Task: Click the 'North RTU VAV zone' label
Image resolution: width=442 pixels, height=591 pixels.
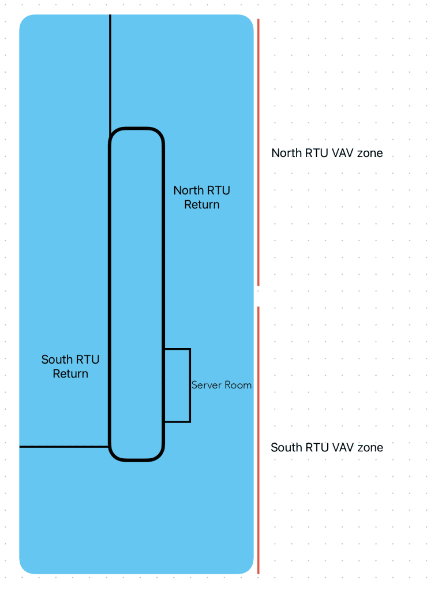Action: (327, 153)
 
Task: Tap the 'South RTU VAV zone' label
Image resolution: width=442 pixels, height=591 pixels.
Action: (327, 447)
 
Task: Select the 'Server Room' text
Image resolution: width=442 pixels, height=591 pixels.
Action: (222, 385)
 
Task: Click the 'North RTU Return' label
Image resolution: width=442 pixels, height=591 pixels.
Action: (201, 197)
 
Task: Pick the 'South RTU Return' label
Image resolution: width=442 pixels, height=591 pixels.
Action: (70, 366)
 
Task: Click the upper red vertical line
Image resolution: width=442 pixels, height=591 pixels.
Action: (258, 152)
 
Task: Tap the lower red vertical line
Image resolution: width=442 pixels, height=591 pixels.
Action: (258, 440)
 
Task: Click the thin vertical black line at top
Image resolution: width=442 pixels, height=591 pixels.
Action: (110, 74)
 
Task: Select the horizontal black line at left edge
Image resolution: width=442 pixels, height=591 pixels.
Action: (64, 447)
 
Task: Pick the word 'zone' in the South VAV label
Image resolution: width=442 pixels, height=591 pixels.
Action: (370, 448)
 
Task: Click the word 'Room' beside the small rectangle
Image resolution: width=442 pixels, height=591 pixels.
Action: (238, 385)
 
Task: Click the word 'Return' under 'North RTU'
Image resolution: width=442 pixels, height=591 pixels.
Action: (201, 204)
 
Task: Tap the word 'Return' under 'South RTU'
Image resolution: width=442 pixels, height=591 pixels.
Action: (70, 373)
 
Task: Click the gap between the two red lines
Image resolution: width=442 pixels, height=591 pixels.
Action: (258, 296)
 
